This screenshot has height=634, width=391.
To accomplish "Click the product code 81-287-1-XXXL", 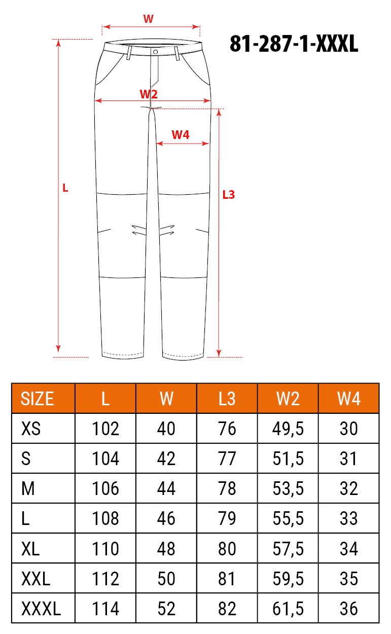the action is coord(294,44).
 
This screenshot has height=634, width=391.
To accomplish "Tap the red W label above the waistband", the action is coord(148,19).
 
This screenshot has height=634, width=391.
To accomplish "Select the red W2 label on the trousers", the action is coord(149,94).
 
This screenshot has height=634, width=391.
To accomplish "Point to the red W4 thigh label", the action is coord(181,135).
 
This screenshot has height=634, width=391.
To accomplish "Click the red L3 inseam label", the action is coord(229,195).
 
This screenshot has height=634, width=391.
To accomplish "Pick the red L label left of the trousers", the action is coord(65,188).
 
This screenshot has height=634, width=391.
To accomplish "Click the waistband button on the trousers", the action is coord(155,52).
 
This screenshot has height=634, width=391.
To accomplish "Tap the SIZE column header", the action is coord(37,399).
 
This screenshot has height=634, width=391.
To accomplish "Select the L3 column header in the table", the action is coord(227,399).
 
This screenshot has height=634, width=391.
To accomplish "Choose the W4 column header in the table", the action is coord(349,399).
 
